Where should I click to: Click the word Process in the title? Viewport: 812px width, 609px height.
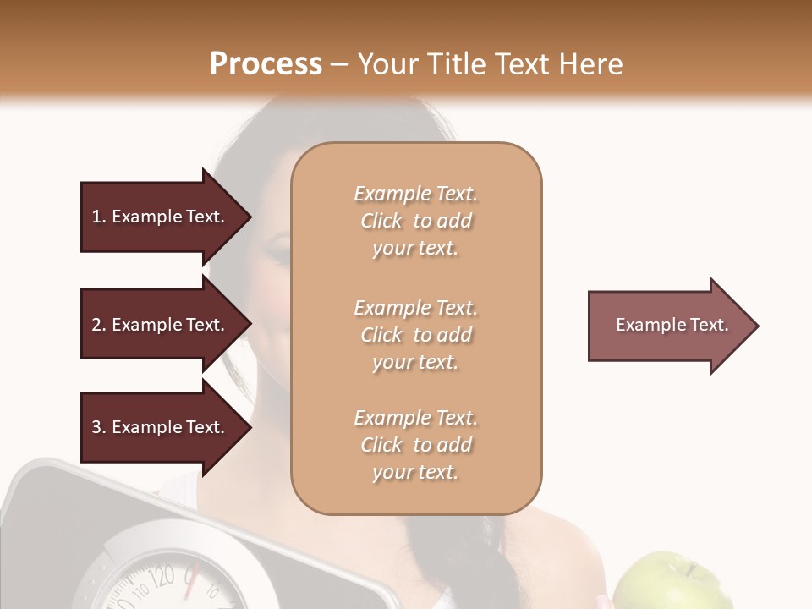[x=266, y=64]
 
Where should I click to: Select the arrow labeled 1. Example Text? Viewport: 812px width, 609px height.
[x=161, y=217]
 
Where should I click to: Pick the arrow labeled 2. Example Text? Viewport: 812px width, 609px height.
[x=161, y=325]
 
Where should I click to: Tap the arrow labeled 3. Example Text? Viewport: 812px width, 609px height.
[x=161, y=427]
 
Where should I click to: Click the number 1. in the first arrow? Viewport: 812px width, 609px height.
[x=99, y=217]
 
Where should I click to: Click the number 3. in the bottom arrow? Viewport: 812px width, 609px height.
[x=99, y=427]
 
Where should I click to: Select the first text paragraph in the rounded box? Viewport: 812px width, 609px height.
[x=415, y=221]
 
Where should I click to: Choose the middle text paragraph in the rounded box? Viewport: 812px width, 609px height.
[x=415, y=335]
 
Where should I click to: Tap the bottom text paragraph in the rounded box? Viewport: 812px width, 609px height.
[x=415, y=445]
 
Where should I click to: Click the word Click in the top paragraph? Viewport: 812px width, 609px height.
[x=381, y=221]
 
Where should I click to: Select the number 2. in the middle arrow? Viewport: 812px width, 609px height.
[x=99, y=325]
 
